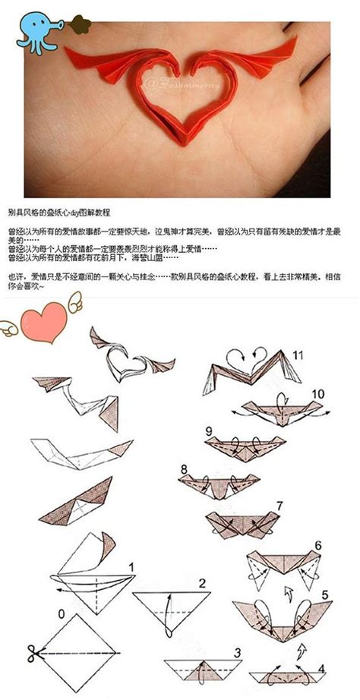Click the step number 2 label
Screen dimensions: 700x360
coord(203,583)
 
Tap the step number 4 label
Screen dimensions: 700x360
coord(321,669)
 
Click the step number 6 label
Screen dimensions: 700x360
coord(318,544)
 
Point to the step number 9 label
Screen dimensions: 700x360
coord(208,431)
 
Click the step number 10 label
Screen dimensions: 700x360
coord(318,393)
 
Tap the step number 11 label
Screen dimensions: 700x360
coord(298,355)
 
